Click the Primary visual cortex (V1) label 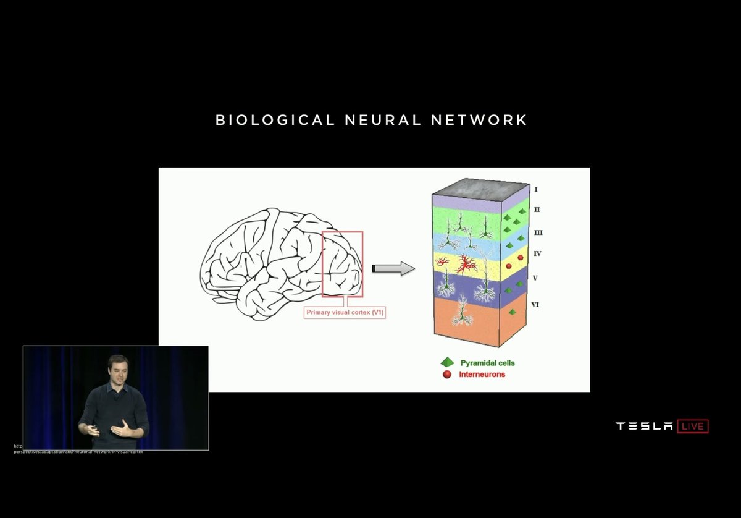(x=346, y=313)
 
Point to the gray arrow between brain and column (x=393, y=268)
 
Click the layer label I (x=535, y=189)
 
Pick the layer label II (x=537, y=210)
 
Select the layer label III (x=538, y=232)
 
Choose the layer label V (x=535, y=278)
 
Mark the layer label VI (x=536, y=304)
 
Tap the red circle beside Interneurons (x=446, y=374)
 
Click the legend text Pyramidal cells (x=487, y=362)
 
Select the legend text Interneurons (x=482, y=374)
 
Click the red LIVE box (x=693, y=426)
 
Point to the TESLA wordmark (x=644, y=426)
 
